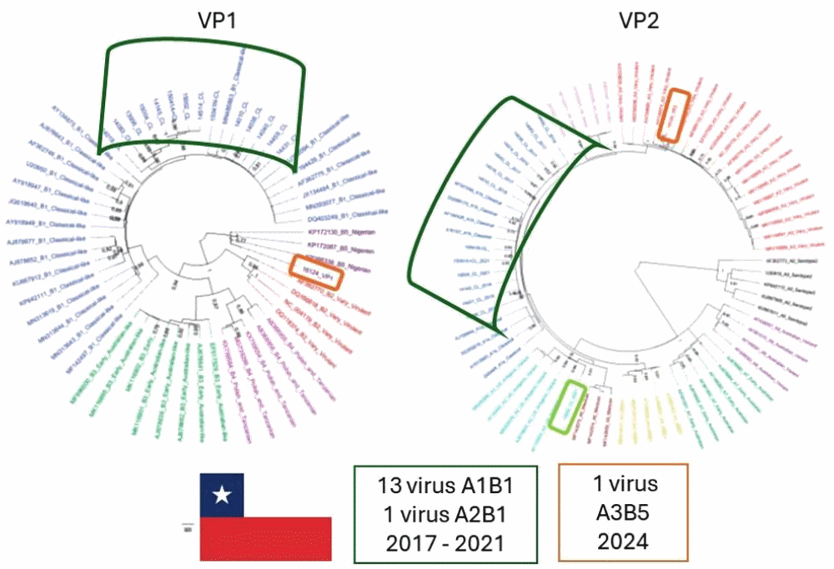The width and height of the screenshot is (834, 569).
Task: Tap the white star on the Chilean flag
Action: tap(222, 496)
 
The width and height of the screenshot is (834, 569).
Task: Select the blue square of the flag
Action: tap(222, 496)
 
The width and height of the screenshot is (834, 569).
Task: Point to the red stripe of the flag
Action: tap(265, 538)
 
